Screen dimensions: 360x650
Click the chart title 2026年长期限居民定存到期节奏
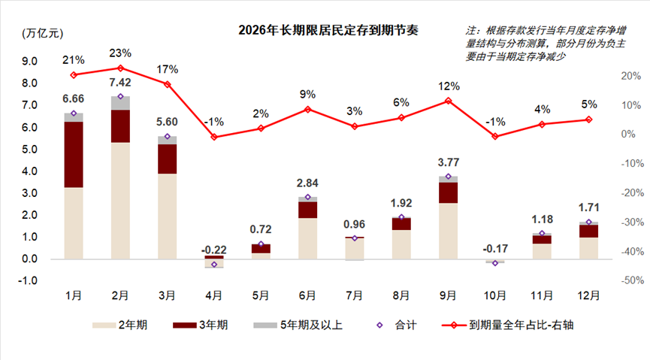click(x=328, y=31)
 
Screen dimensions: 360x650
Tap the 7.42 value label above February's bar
click(x=120, y=82)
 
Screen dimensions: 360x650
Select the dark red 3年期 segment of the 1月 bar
click(x=74, y=154)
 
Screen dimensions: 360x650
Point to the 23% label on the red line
click(x=120, y=53)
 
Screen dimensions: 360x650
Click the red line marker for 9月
click(x=448, y=101)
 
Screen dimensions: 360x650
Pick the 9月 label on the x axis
click(x=448, y=295)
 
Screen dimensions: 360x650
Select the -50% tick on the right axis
click(x=630, y=280)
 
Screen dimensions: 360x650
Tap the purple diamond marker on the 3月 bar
click(x=167, y=137)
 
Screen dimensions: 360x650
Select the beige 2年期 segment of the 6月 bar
click(x=307, y=238)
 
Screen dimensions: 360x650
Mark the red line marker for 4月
click(x=214, y=137)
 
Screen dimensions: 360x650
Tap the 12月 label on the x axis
click(x=588, y=295)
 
